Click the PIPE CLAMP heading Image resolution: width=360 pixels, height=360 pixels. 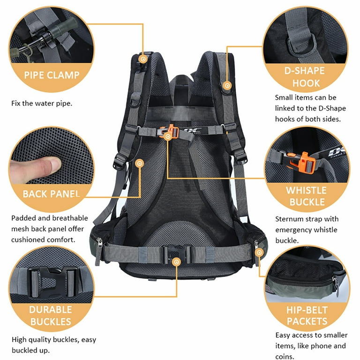point(52,75)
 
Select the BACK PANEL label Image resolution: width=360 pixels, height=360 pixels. point(52,194)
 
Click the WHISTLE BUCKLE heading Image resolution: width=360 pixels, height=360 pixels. point(306,196)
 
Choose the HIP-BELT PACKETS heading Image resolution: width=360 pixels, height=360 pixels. point(307,315)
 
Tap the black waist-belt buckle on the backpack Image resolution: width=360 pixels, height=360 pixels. point(177,254)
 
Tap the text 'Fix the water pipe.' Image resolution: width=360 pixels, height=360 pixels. point(42,103)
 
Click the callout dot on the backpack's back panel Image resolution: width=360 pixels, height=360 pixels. point(139,163)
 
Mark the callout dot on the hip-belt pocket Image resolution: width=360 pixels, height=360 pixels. point(259,252)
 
